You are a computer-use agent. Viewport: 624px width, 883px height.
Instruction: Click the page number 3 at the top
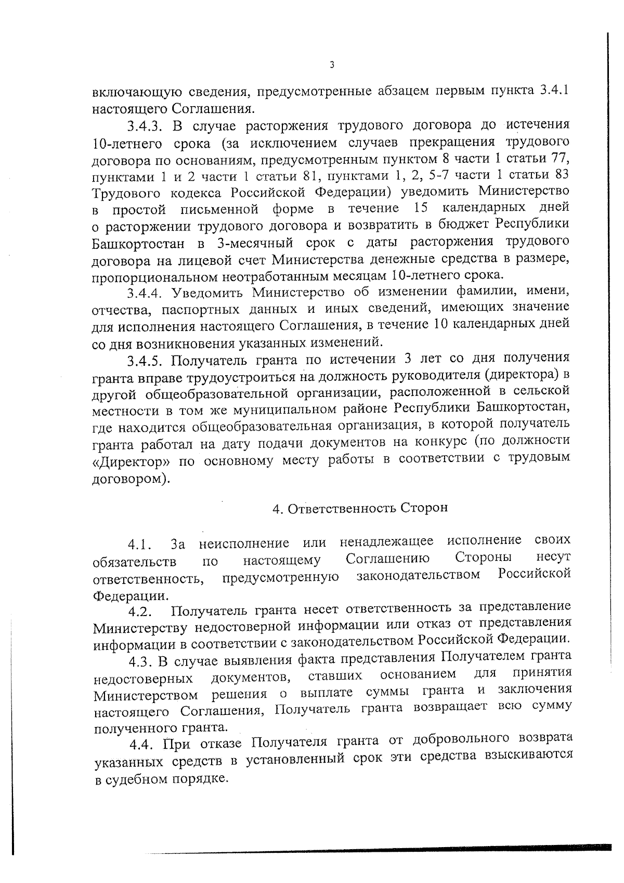click(x=332, y=65)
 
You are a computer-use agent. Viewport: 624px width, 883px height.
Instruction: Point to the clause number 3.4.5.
click(x=146, y=360)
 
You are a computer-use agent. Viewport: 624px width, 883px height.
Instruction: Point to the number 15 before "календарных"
click(x=422, y=209)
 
